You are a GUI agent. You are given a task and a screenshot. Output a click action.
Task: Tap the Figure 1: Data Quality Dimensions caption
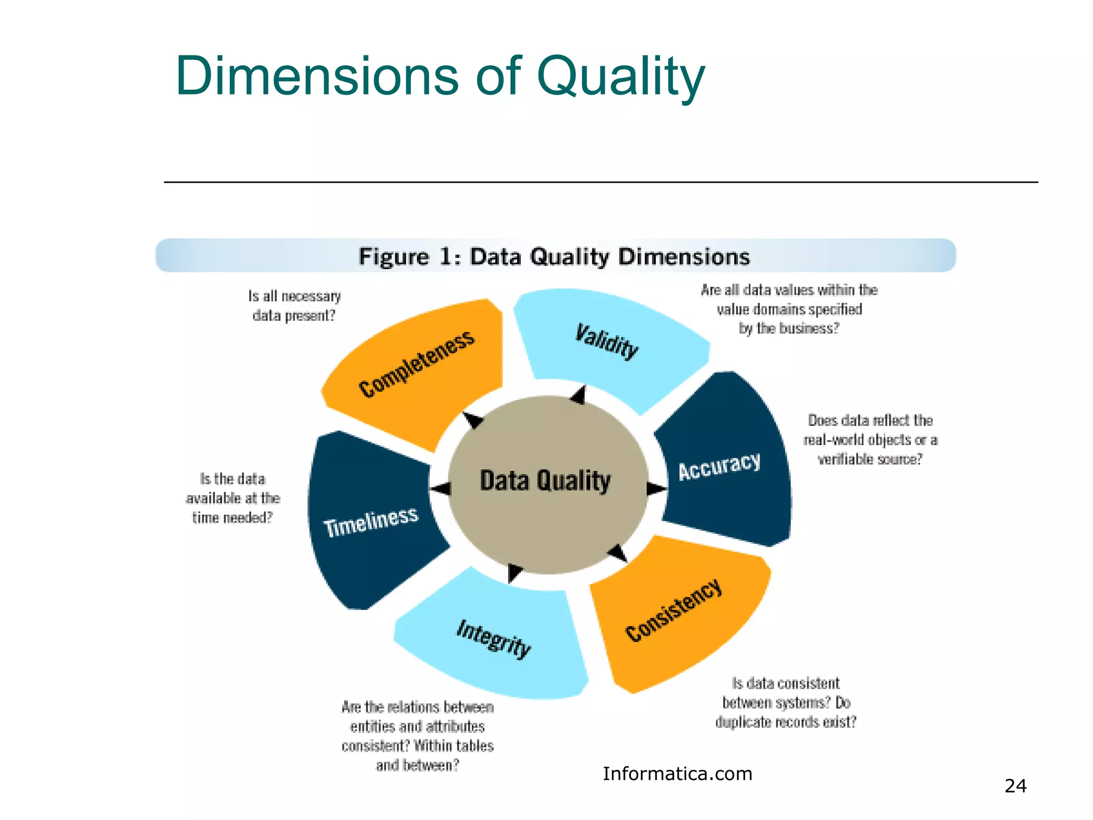point(555,257)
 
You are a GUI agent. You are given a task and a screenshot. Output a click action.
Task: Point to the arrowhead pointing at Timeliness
point(441,488)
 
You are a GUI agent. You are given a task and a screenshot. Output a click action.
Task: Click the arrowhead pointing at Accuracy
point(656,488)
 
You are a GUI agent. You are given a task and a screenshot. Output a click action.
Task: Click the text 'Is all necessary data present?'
point(294,306)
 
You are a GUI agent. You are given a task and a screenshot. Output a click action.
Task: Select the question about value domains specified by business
point(789,309)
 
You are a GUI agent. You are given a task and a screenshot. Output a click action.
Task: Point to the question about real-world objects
point(870,439)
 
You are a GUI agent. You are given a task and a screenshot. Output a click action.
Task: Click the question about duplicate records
point(786,703)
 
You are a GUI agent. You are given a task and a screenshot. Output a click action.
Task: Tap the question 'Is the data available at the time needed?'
point(233,498)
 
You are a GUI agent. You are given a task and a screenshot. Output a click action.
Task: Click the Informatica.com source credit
point(677,774)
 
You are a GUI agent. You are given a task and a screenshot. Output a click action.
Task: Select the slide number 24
point(1015,786)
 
